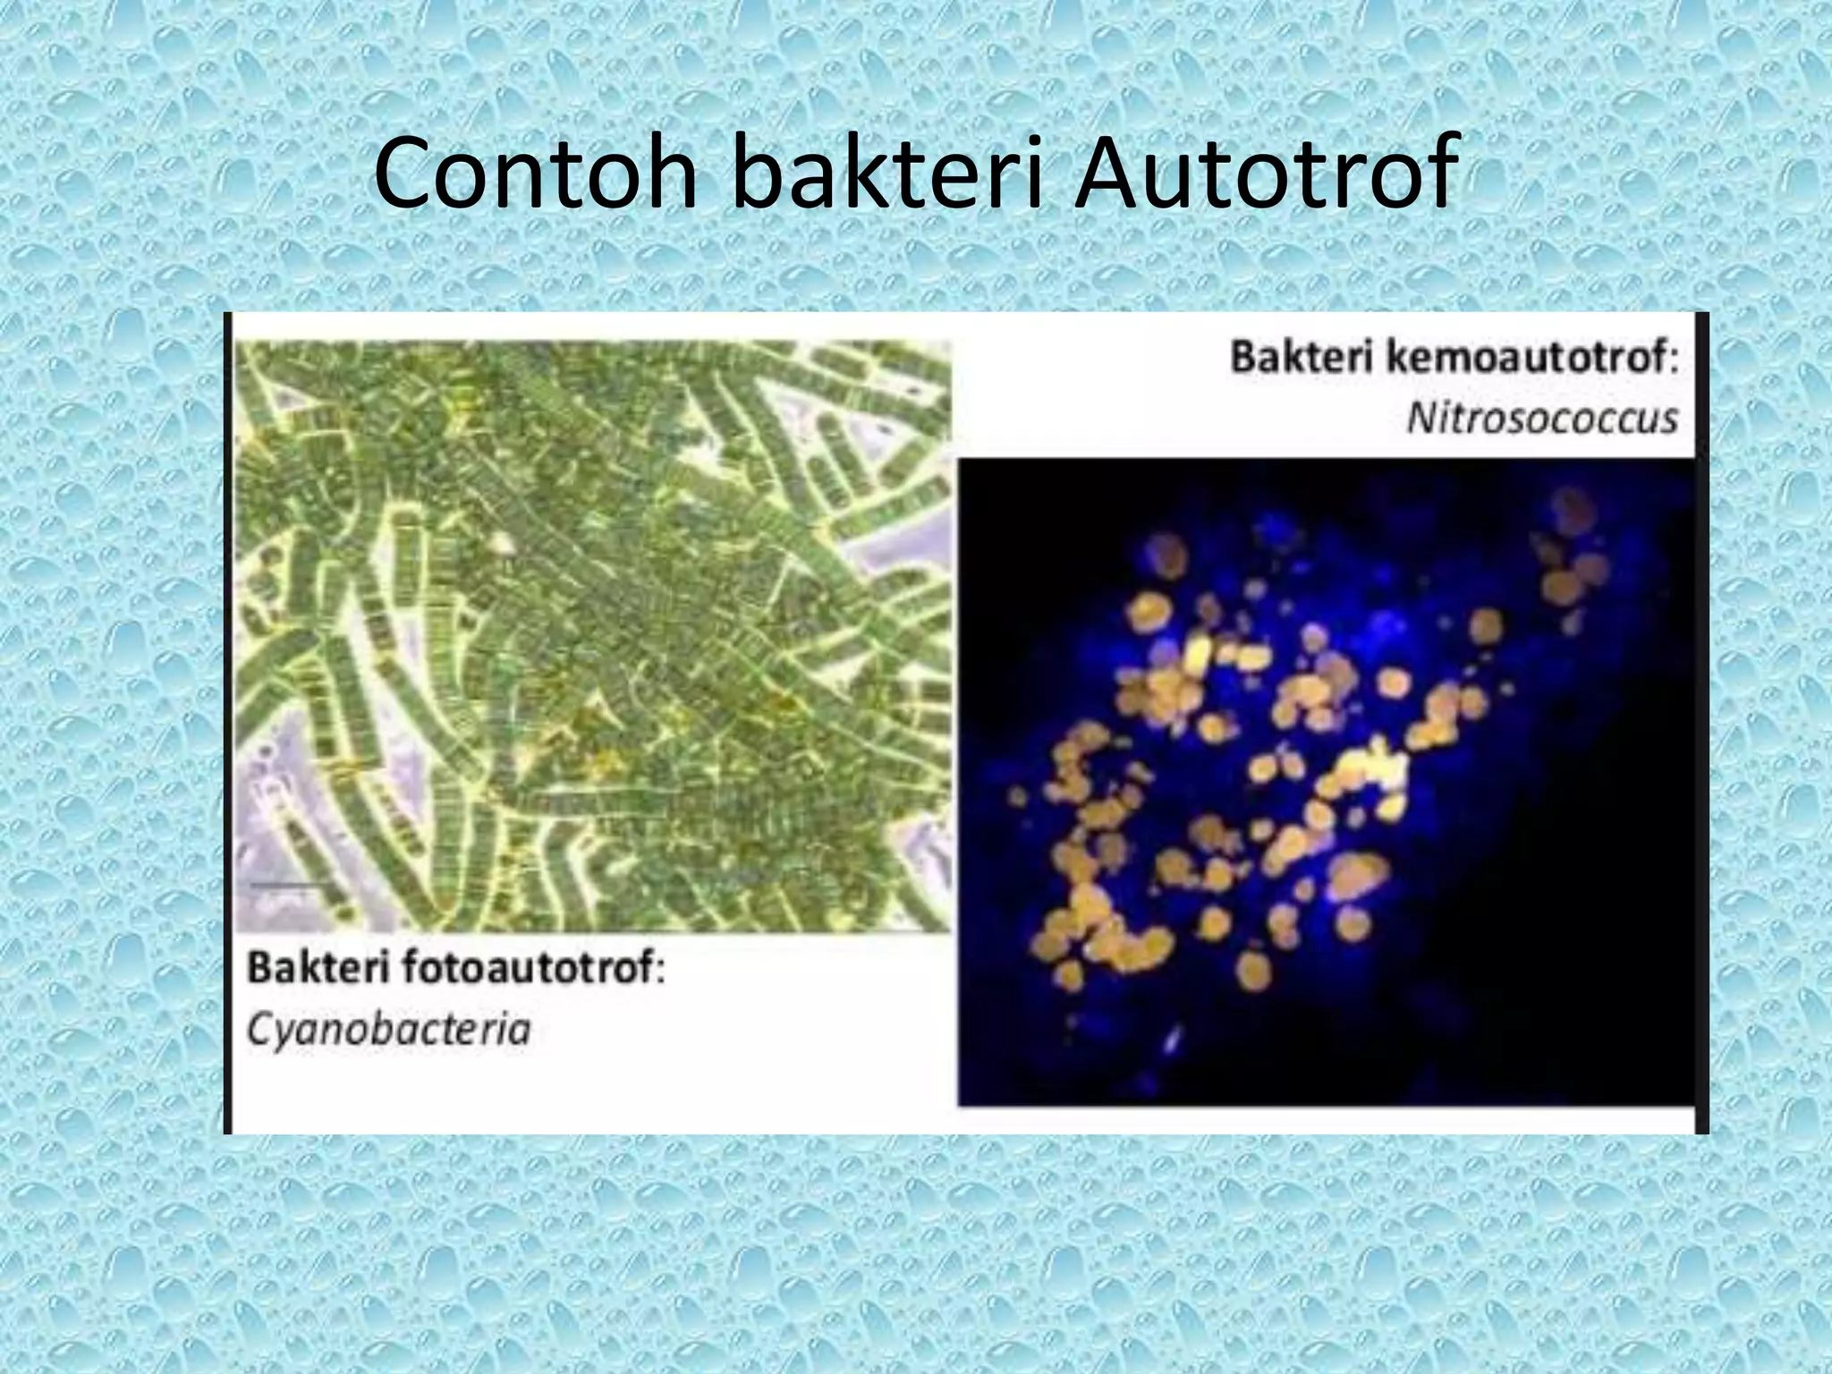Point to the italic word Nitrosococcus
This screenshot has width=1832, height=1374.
point(1542,419)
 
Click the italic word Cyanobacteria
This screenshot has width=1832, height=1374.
point(388,1030)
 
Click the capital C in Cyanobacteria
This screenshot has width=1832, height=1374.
point(259,1030)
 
